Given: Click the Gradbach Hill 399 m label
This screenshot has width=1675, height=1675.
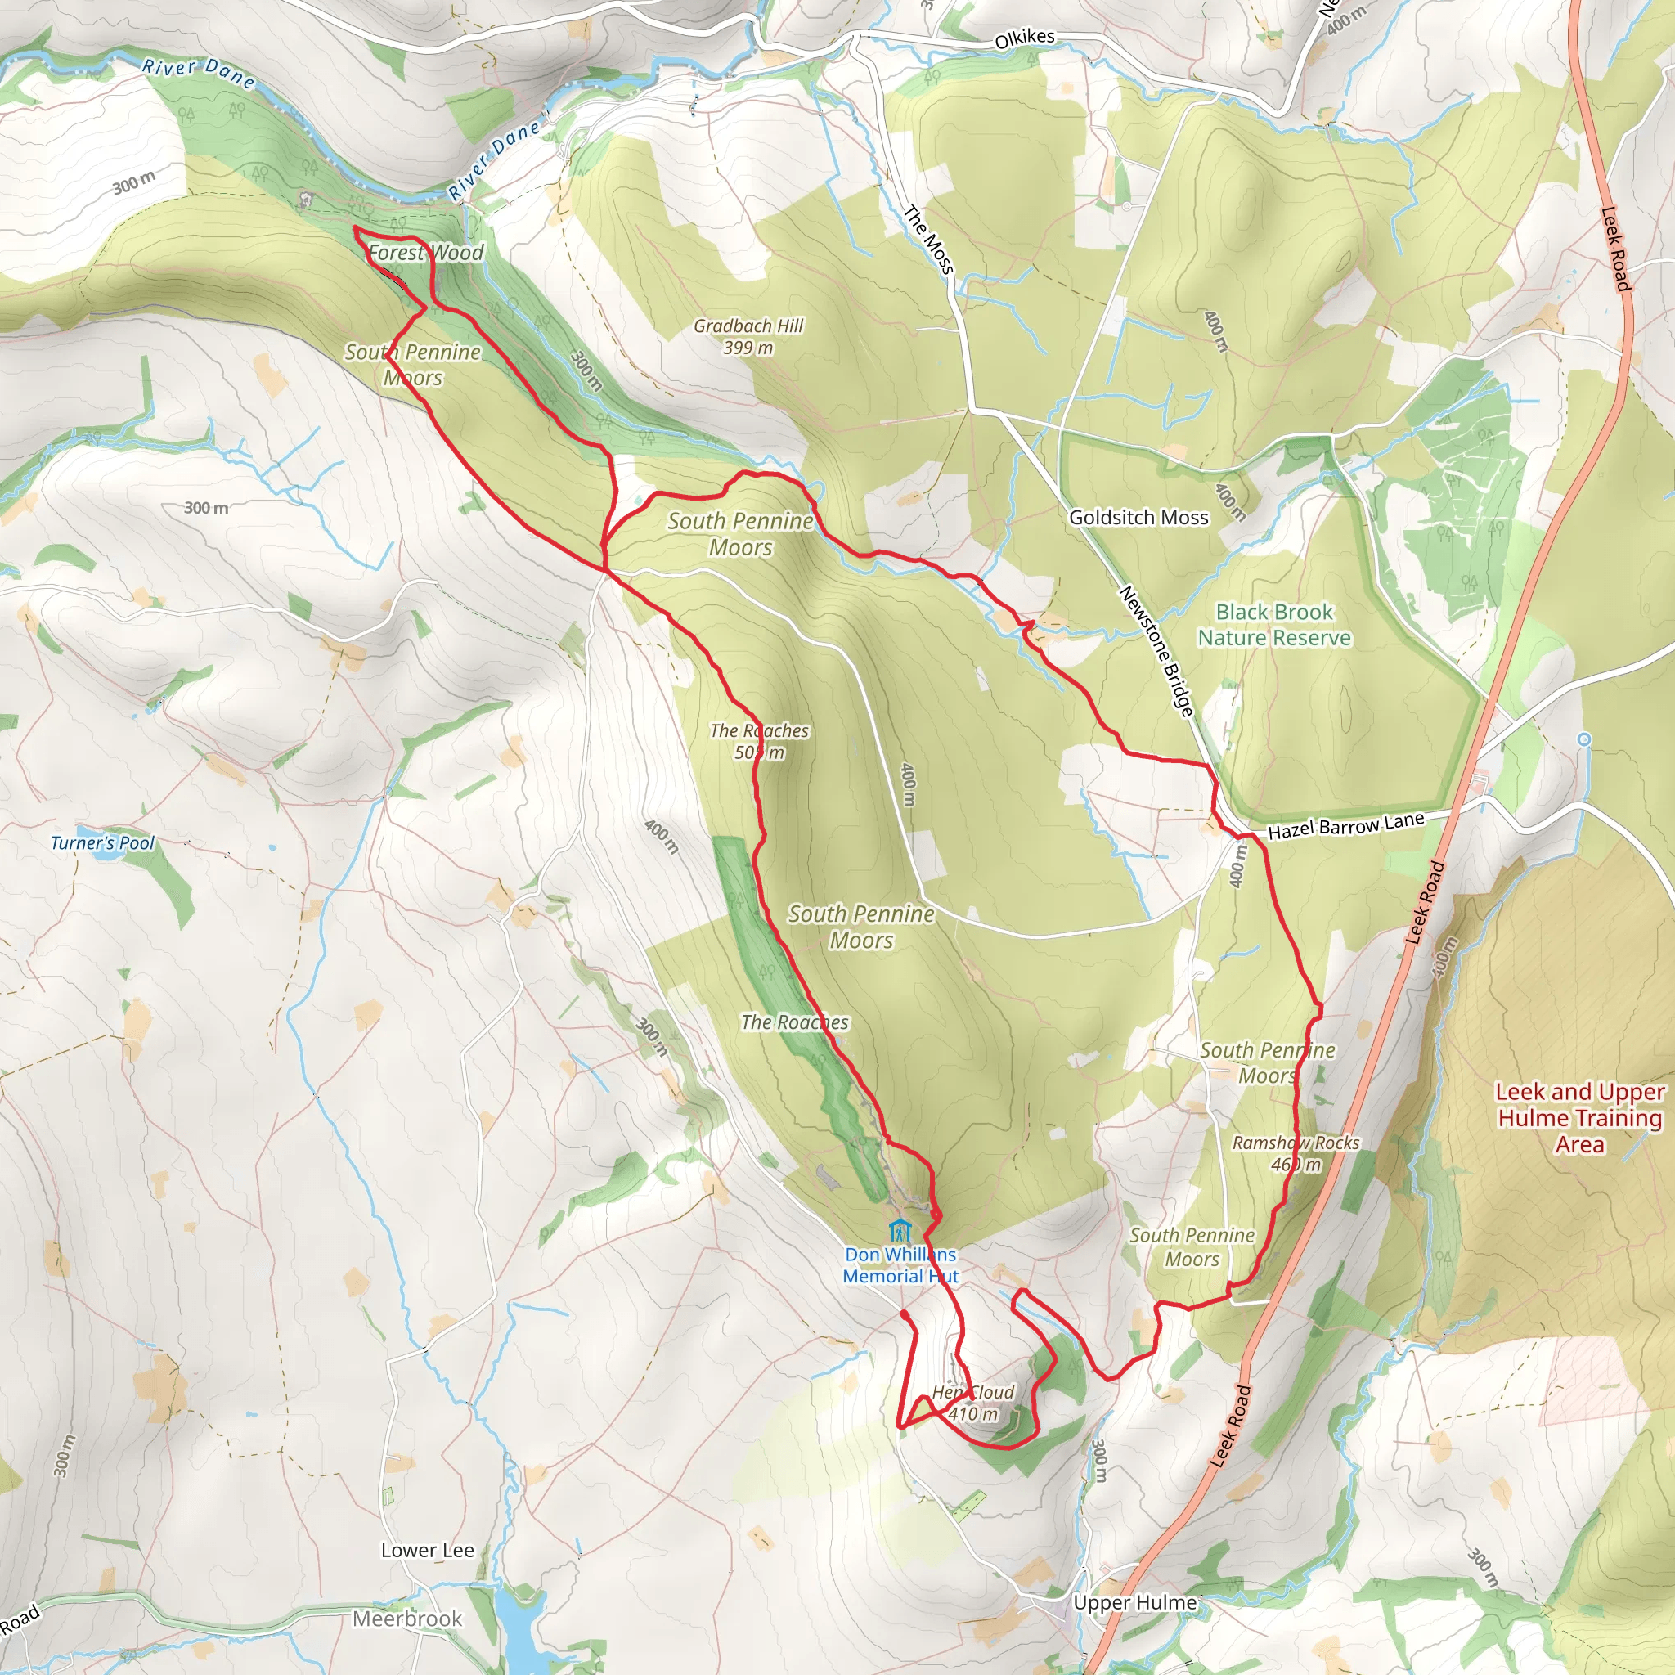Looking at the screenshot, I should click(748, 336).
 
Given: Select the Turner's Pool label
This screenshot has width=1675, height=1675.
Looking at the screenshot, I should click(102, 842).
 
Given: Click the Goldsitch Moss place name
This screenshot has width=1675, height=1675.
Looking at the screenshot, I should click(1138, 518).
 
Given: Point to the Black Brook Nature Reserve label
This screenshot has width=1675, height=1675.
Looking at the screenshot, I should click(1273, 624).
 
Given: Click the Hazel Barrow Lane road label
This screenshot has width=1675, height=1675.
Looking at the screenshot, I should click(1345, 826).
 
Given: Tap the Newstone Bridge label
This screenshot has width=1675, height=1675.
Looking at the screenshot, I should click(1156, 650).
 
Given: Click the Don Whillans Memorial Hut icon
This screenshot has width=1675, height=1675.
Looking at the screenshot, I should click(900, 1231).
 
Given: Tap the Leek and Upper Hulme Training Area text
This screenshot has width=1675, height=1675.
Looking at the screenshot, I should click(1579, 1117).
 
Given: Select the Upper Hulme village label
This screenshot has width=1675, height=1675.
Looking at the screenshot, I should click(1134, 1602).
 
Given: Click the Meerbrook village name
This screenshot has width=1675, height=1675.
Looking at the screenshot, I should click(407, 1619).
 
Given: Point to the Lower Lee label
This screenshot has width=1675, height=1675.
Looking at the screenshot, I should click(428, 1550).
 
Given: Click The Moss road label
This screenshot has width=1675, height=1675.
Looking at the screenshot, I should click(928, 240).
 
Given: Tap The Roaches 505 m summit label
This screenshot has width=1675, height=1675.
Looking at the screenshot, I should click(760, 741).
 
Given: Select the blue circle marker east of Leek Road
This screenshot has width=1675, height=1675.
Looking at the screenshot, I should click(1584, 739).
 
